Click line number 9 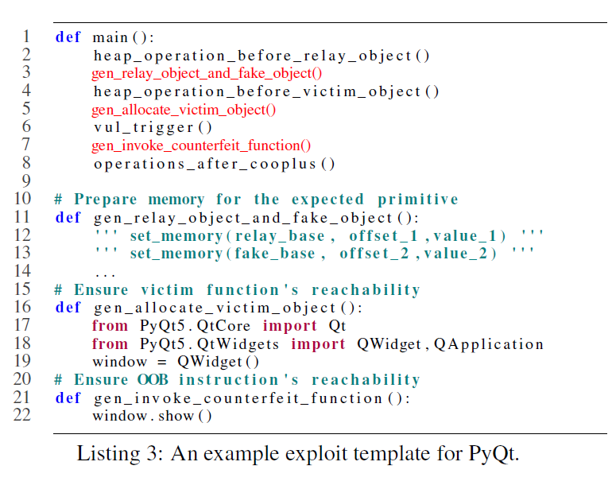pyautogui.click(x=26, y=180)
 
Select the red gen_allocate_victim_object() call pyautogui.click(x=184, y=110)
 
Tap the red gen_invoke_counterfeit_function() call pyautogui.click(x=201, y=145)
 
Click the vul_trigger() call pyautogui.click(x=153, y=127)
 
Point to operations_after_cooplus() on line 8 pyautogui.click(x=214, y=164)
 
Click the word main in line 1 pyautogui.click(x=110, y=37)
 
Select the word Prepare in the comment pyautogui.click(x=106, y=200)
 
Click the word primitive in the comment pyautogui.click(x=418, y=200)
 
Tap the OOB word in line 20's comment pyautogui.click(x=153, y=380)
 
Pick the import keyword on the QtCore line pyautogui.click(x=289, y=326)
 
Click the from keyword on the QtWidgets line pyautogui.click(x=110, y=344)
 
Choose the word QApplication pyautogui.click(x=489, y=344)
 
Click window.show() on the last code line pyautogui.click(x=153, y=416)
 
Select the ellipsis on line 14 pyautogui.click(x=105, y=275)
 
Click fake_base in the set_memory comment pyautogui.click(x=275, y=254)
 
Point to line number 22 pyautogui.click(x=22, y=415)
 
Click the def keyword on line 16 pyautogui.click(x=68, y=308)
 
